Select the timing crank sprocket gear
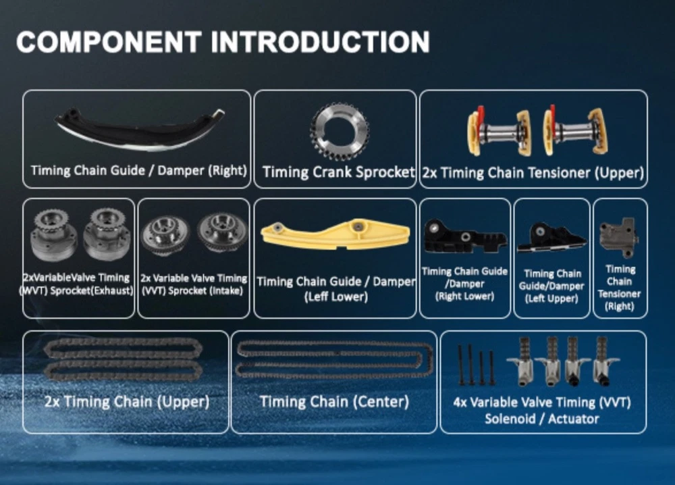340,130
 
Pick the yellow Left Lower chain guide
335,235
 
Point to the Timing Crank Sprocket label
338,172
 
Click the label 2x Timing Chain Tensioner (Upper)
533,173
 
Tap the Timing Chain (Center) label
334,402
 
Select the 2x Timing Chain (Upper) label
127,402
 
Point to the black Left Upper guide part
551,238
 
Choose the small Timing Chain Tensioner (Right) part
619,236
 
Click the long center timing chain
334,359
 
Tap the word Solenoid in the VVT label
510,419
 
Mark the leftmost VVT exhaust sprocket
54,235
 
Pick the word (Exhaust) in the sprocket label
113,290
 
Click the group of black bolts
477,364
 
